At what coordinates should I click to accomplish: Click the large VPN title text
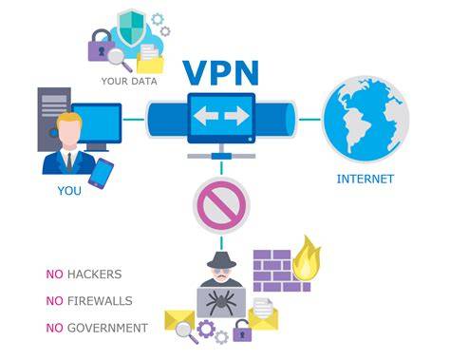221,72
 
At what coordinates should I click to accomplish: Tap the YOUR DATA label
129,81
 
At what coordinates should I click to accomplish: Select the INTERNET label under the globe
366,179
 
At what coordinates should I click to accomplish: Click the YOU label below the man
69,191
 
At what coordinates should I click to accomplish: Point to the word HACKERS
95,275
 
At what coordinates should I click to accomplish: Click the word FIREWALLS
100,301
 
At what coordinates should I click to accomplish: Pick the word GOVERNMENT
107,328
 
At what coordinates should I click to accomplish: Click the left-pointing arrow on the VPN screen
205,116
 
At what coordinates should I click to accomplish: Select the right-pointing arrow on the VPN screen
237,116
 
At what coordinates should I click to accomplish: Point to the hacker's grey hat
221,259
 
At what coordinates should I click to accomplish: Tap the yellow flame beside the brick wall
306,258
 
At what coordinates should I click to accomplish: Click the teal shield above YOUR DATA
131,27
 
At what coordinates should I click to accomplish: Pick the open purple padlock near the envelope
242,331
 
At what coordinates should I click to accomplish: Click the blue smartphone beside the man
101,174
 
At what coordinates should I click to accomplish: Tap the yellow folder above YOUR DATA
150,63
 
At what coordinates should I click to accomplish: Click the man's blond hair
69,119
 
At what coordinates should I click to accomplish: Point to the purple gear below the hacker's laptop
206,329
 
